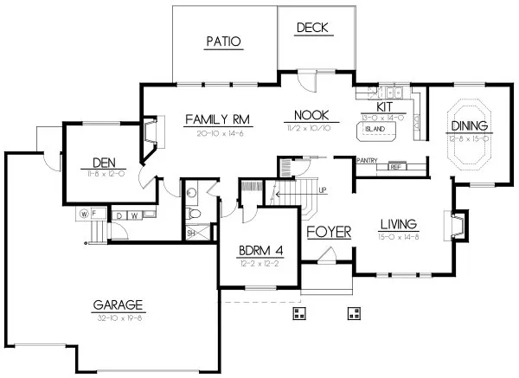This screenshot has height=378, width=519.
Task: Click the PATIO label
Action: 222,41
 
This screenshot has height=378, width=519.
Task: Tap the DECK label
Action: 312,28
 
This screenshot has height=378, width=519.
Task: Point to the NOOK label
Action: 309,115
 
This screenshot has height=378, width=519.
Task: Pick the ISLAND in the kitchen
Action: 376,131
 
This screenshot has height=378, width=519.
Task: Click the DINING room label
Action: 471,127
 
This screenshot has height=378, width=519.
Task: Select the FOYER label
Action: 326,232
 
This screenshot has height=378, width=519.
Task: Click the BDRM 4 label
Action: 259,252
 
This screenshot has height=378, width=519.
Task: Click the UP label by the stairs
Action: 323,190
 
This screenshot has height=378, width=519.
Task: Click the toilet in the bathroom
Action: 196,215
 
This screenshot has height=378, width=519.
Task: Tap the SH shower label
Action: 190,232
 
